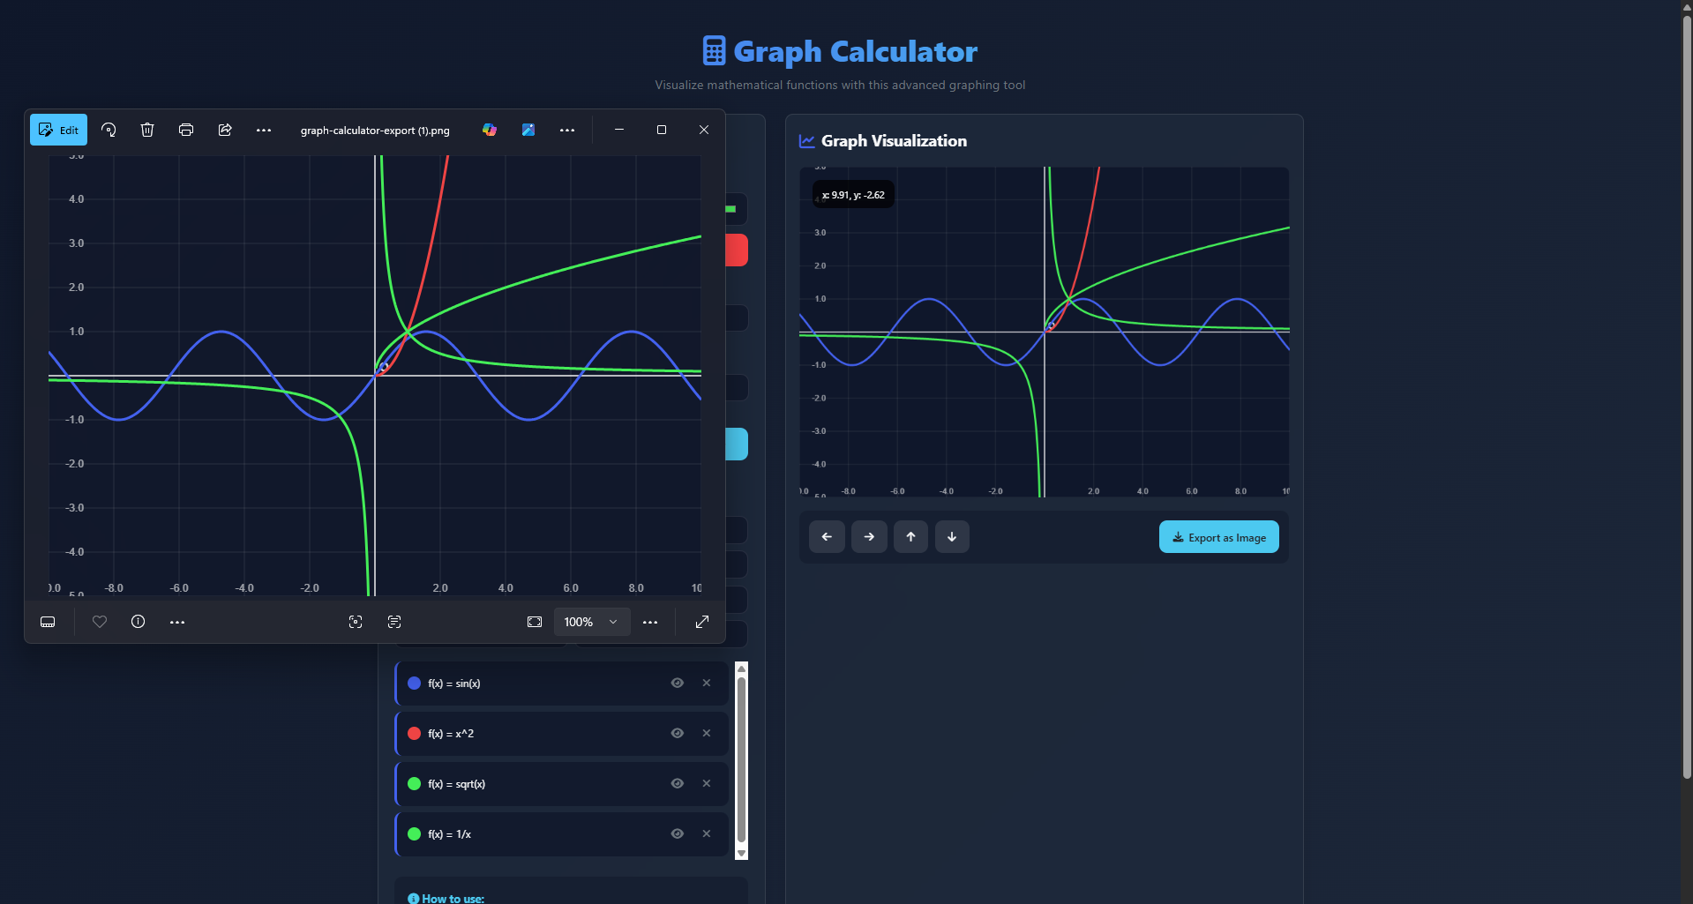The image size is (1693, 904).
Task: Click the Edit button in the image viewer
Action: (59, 130)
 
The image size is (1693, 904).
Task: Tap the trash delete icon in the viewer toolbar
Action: (147, 130)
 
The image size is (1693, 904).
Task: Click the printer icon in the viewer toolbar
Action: (186, 130)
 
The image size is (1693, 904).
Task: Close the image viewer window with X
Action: (704, 130)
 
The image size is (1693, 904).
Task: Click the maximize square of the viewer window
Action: (662, 130)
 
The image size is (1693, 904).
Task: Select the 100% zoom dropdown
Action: (591, 622)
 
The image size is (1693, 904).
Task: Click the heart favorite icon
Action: (100, 622)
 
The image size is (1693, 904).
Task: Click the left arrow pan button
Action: (827, 536)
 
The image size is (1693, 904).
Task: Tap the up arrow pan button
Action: (910, 536)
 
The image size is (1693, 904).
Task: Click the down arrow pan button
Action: (952, 536)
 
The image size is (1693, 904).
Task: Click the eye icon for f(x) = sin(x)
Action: (678, 683)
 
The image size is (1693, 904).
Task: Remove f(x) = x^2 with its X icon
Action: (707, 733)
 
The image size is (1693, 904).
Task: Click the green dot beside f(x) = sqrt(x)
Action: (414, 783)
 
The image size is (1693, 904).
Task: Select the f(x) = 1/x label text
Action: (450, 834)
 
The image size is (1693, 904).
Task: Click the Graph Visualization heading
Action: (894, 141)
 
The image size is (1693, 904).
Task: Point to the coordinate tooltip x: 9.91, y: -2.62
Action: (853, 195)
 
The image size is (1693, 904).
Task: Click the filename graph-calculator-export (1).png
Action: (375, 131)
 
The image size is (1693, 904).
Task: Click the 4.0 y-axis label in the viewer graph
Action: (77, 199)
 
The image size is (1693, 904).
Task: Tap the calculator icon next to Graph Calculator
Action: (714, 51)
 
